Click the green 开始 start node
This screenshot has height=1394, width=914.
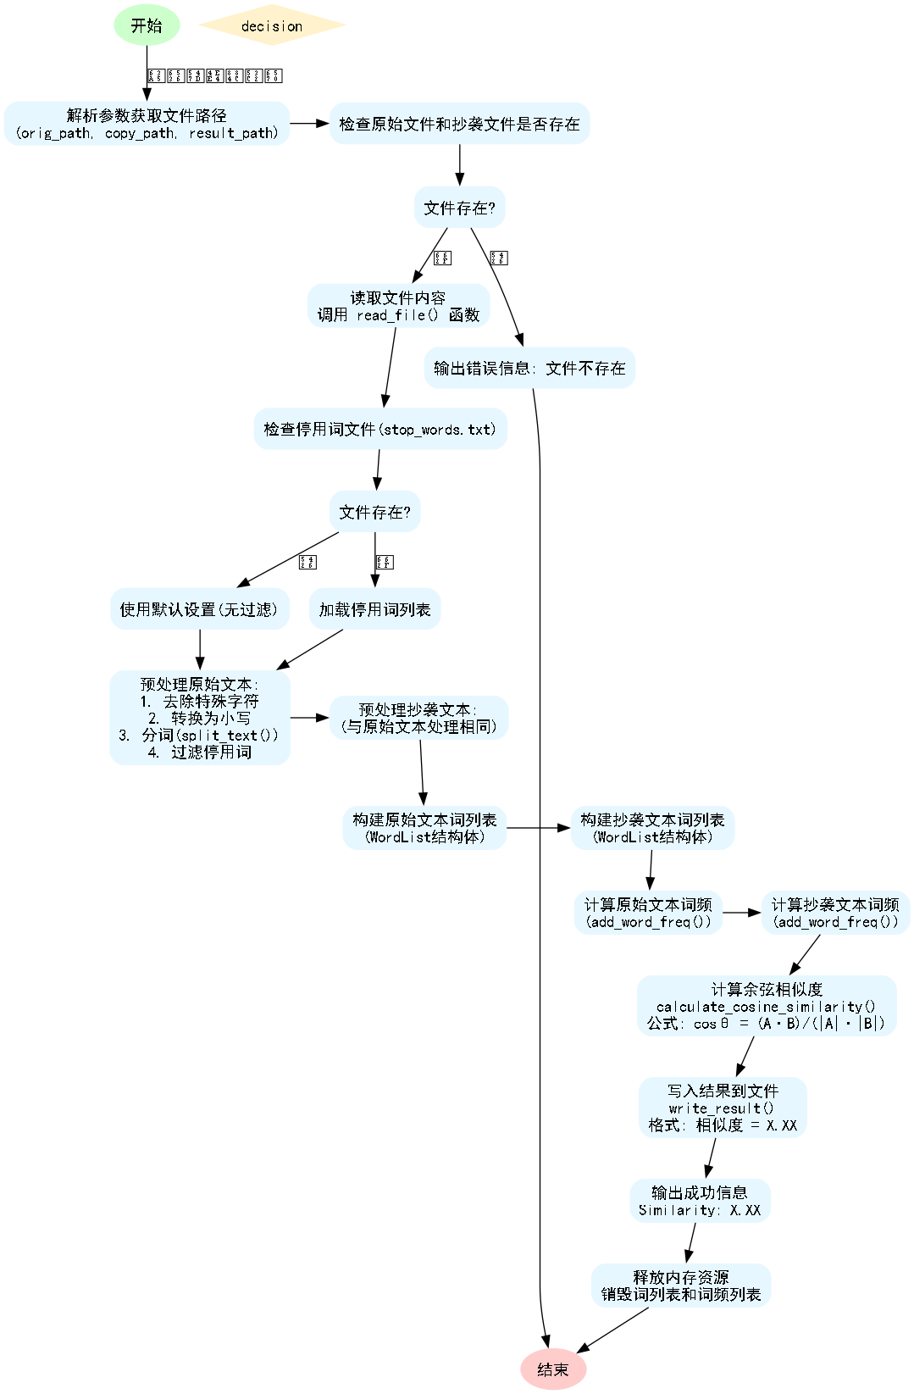(x=147, y=25)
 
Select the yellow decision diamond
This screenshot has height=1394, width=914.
(x=272, y=25)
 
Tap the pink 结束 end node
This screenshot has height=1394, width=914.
(x=553, y=1369)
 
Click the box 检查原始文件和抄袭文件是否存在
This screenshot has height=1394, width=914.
(x=459, y=124)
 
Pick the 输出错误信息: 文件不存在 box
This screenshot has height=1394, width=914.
(x=529, y=368)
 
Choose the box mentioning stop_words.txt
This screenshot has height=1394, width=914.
(x=380, y=430)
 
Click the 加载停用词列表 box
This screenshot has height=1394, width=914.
(x=374, y=609)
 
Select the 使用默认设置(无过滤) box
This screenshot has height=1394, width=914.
(x=199, y=609)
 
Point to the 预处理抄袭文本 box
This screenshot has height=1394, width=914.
(x=418, y=718)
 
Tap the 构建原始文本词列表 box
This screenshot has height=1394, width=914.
(x=424, y=828)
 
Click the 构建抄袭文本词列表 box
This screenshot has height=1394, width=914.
(x=652, y=828)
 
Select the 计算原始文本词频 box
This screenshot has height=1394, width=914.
(x=648, y=913)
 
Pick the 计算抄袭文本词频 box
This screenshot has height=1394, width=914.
(x=835, y=913)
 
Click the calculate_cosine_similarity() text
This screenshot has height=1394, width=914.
(x=766, y=1007)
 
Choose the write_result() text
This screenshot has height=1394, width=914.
(x=722, y=1108)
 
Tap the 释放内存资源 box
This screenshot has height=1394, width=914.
(x=681, y=1286)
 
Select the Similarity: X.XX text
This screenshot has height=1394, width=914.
(x=700, y=1210)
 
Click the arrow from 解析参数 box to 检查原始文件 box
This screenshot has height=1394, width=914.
(x=309, y=124)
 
